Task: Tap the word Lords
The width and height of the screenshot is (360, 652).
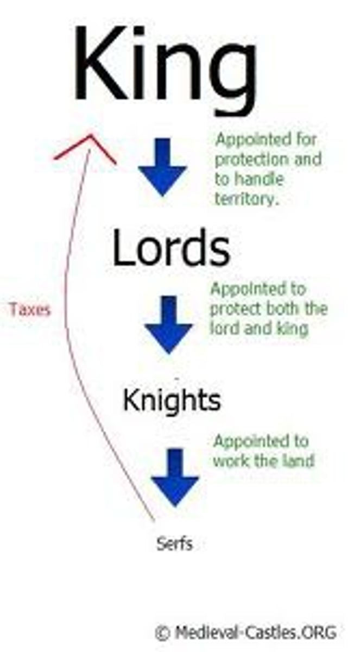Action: (171, 248)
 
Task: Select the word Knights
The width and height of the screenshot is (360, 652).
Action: (172, 401)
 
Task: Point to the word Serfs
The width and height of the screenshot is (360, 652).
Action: (174, 543)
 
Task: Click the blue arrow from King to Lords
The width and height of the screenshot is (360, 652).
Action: (162, 166)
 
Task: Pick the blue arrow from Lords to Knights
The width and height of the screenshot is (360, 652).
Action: (168, 324)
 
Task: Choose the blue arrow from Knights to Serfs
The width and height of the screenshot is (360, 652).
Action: (175, 477)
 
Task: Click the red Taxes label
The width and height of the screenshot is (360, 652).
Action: (29, 310)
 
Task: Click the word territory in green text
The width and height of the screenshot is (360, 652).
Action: (247, 199)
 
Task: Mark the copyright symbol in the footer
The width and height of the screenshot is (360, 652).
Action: (162, 632)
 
